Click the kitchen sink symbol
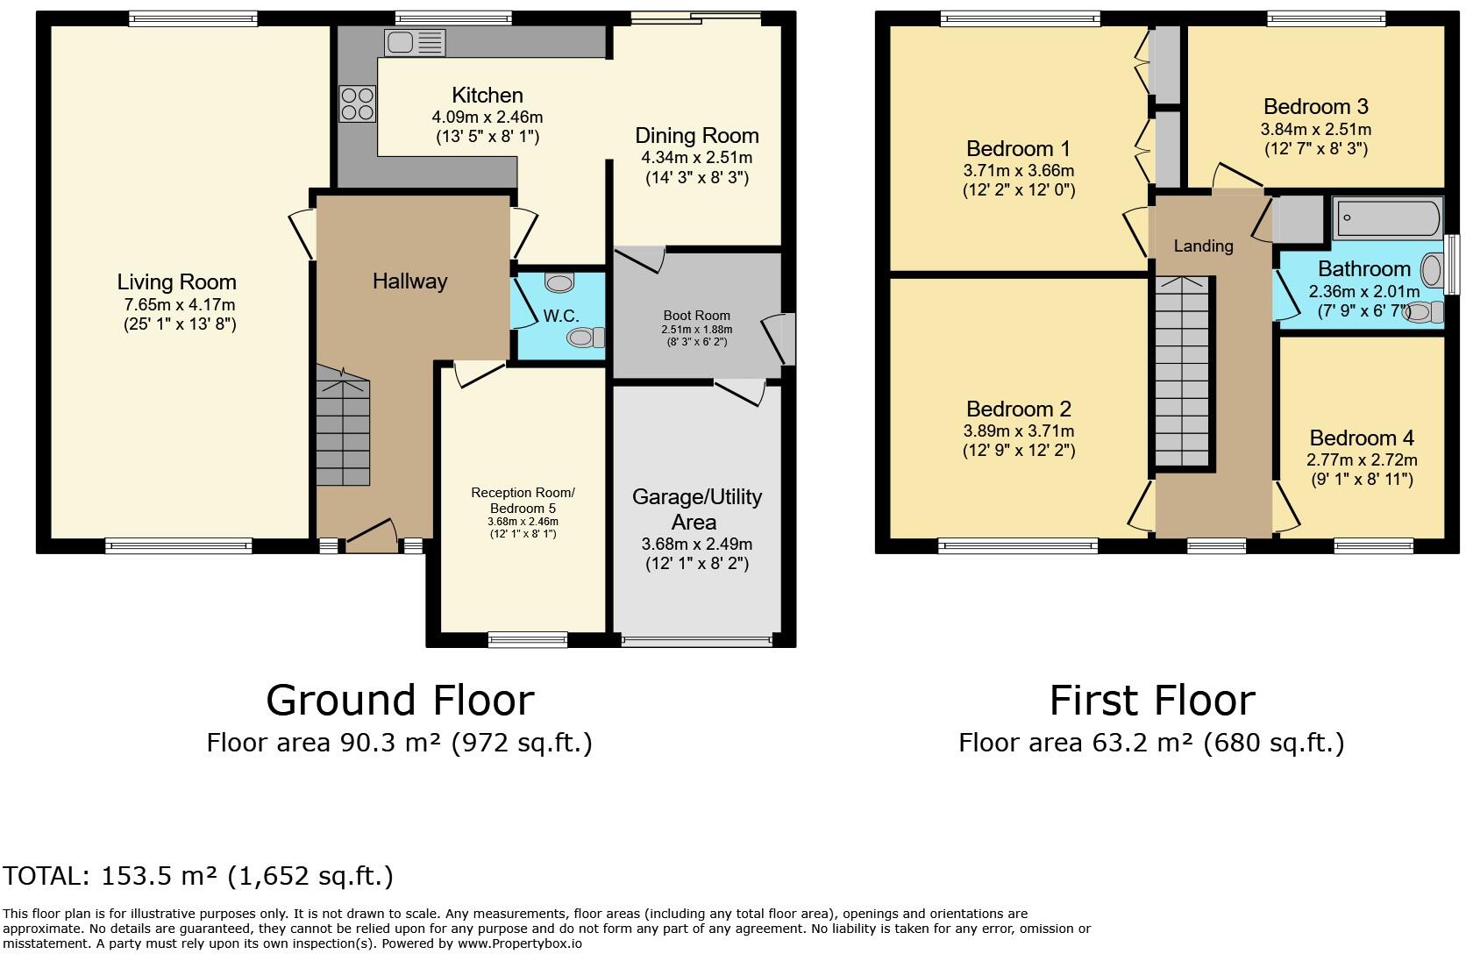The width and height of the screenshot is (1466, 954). tap(415, 41)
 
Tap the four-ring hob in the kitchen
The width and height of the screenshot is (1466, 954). tap(357, 103)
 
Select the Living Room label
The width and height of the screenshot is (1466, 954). tap(177, 282)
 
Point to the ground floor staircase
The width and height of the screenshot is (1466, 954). tap(343, 430)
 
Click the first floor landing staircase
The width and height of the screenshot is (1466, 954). tap(1183, 373)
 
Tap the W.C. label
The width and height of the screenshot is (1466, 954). tap(560, 316)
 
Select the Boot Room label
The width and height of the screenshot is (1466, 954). tap(696, 316)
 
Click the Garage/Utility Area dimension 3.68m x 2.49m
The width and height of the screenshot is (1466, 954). tap(696, 544)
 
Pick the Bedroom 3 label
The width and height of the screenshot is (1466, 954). tap(1315, 107)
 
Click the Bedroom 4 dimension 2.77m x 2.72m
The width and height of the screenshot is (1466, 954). tap(1361, 459)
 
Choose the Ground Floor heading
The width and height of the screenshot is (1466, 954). tap(400, 701)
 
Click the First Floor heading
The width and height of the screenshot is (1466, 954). tap(1152, 701)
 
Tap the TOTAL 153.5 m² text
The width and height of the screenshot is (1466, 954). tap(198, 876)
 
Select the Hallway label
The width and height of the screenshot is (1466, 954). tap(409, 281)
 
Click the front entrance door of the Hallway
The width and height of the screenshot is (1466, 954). tap(370, 536)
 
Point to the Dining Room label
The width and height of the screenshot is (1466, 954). tap(696, 136)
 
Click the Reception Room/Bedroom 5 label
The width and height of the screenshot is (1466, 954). tap(523, 500)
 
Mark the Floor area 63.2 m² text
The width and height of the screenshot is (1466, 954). tap(1150, 743)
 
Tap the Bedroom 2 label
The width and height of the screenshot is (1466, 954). tap(1018, 409)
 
